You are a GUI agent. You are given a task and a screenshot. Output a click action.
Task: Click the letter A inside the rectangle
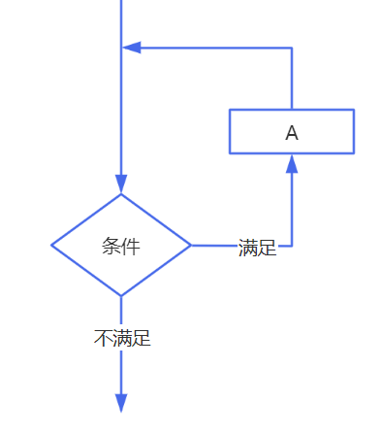click(x=292, y=132)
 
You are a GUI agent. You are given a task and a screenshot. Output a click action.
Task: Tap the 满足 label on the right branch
click(x=258, y=249)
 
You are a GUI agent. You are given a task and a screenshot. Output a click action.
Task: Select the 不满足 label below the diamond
click(x=122, y=339)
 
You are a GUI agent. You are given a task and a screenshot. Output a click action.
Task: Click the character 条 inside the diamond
click(x=111, y=246)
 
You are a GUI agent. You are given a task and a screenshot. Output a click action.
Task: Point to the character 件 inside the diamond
click(x=131, y=246)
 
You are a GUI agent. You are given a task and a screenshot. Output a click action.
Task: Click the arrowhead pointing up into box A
click(x=292, y=163)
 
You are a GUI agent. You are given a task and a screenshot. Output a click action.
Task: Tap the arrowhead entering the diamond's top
click(x=121, y=184)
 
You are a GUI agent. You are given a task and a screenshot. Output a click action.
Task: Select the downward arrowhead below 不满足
click(x=121, y=403)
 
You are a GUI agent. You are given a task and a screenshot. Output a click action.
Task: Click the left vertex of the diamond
click(x=51, y=246)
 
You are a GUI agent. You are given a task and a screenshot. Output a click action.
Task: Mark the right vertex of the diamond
click(x=191, y=246)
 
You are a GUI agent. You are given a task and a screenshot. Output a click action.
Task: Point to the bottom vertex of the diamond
click(x=121, y=295)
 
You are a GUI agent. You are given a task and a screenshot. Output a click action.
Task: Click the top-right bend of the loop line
click(x=292, y=48)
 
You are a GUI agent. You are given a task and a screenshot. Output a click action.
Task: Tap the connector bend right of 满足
click(x=292, y=246)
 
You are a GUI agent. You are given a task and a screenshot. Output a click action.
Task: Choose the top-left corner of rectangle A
click(x=230, y=110)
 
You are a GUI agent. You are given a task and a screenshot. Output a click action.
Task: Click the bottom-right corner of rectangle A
click(x=354, y=153)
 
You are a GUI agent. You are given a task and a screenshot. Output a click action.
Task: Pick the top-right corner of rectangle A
click(x=354, y=110)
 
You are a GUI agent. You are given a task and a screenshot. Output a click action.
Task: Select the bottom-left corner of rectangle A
click(x=230, y=153)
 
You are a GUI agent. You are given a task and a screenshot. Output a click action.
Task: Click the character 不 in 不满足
click(x=103, y=339)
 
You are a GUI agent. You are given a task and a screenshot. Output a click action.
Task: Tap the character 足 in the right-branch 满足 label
click(x=268, y=249)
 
